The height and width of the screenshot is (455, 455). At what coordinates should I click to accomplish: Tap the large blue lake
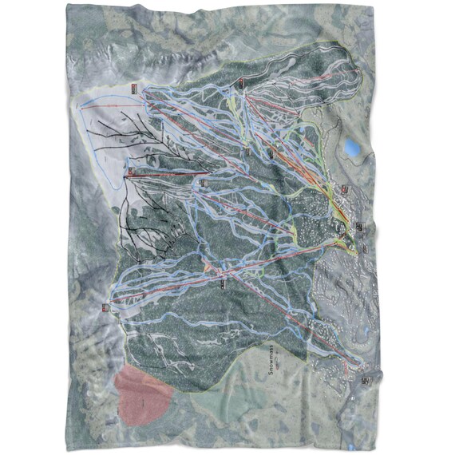pos(352,148)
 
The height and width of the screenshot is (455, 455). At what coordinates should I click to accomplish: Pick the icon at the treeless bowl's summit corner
pos(133,88)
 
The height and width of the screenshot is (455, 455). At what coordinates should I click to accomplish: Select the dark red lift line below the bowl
pos(160,173)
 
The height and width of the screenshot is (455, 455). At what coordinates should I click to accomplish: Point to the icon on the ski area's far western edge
pos(105,307)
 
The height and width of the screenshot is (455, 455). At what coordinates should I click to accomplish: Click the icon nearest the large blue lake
pos(344,189)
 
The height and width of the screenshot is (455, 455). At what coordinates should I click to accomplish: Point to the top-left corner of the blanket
pos(67,6)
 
